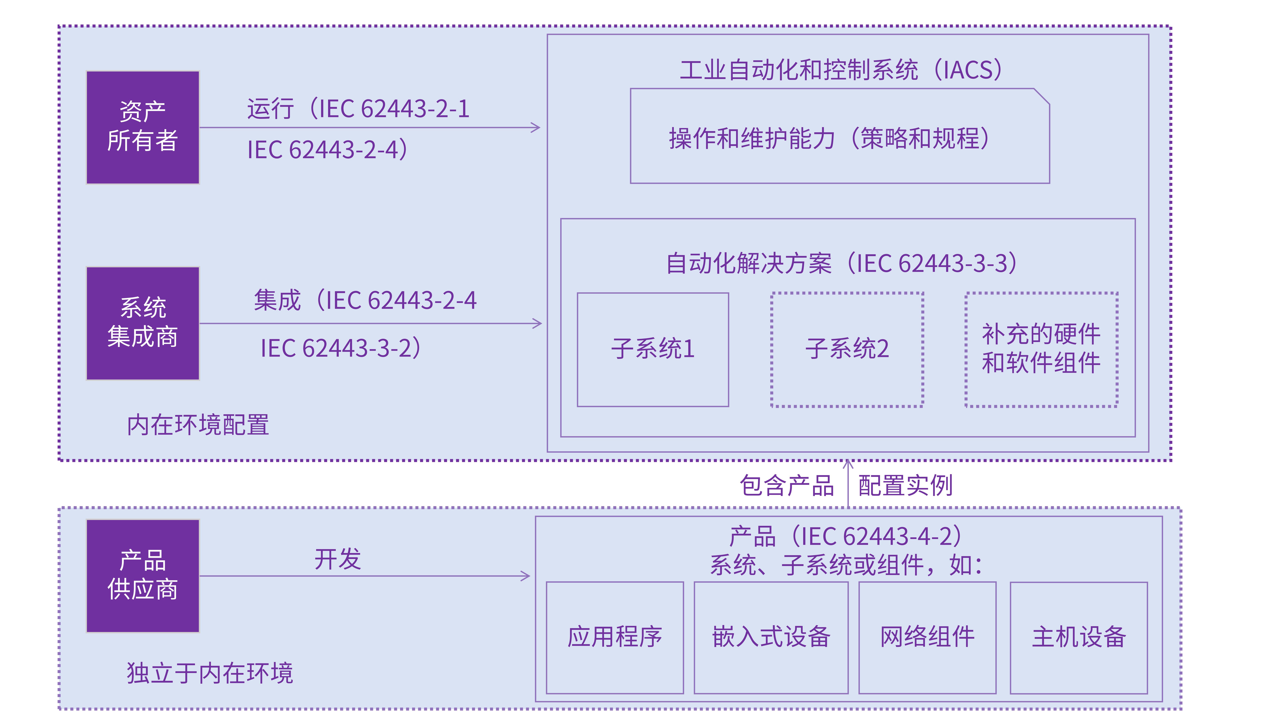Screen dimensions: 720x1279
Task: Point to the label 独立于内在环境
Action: pyautogui.click(x=210, y=673)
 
